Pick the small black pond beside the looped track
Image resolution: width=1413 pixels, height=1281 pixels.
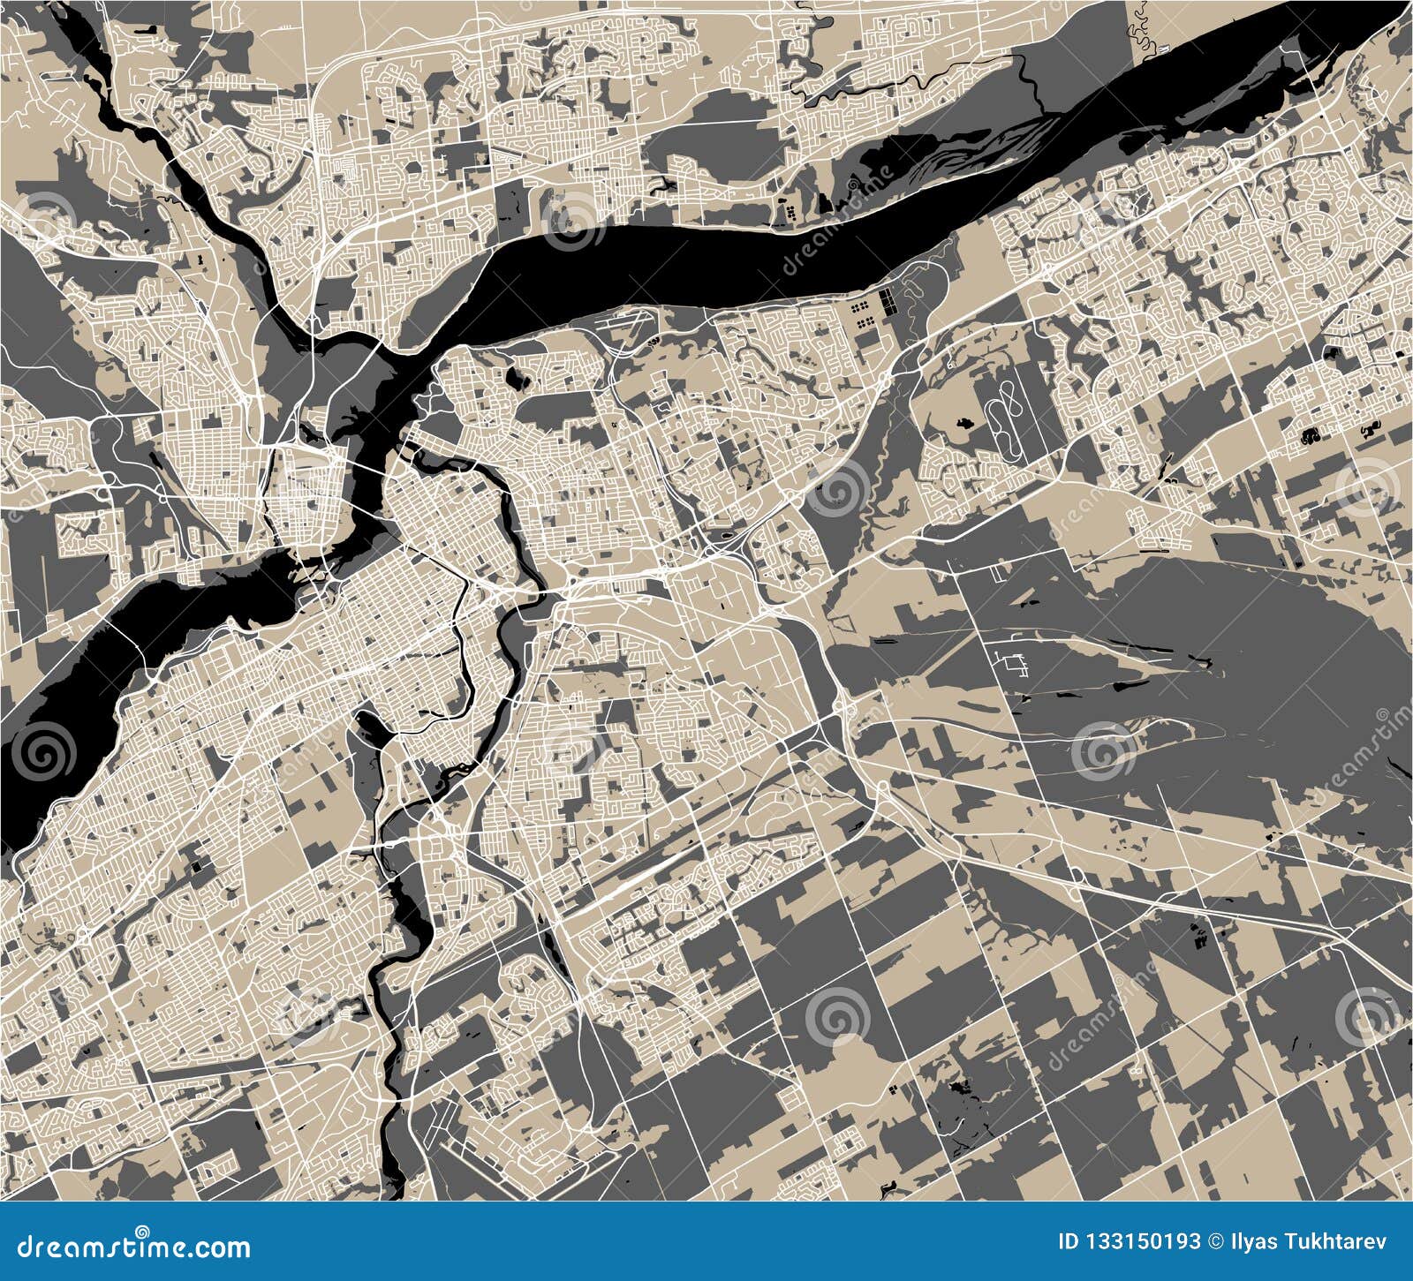pos(965,422)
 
